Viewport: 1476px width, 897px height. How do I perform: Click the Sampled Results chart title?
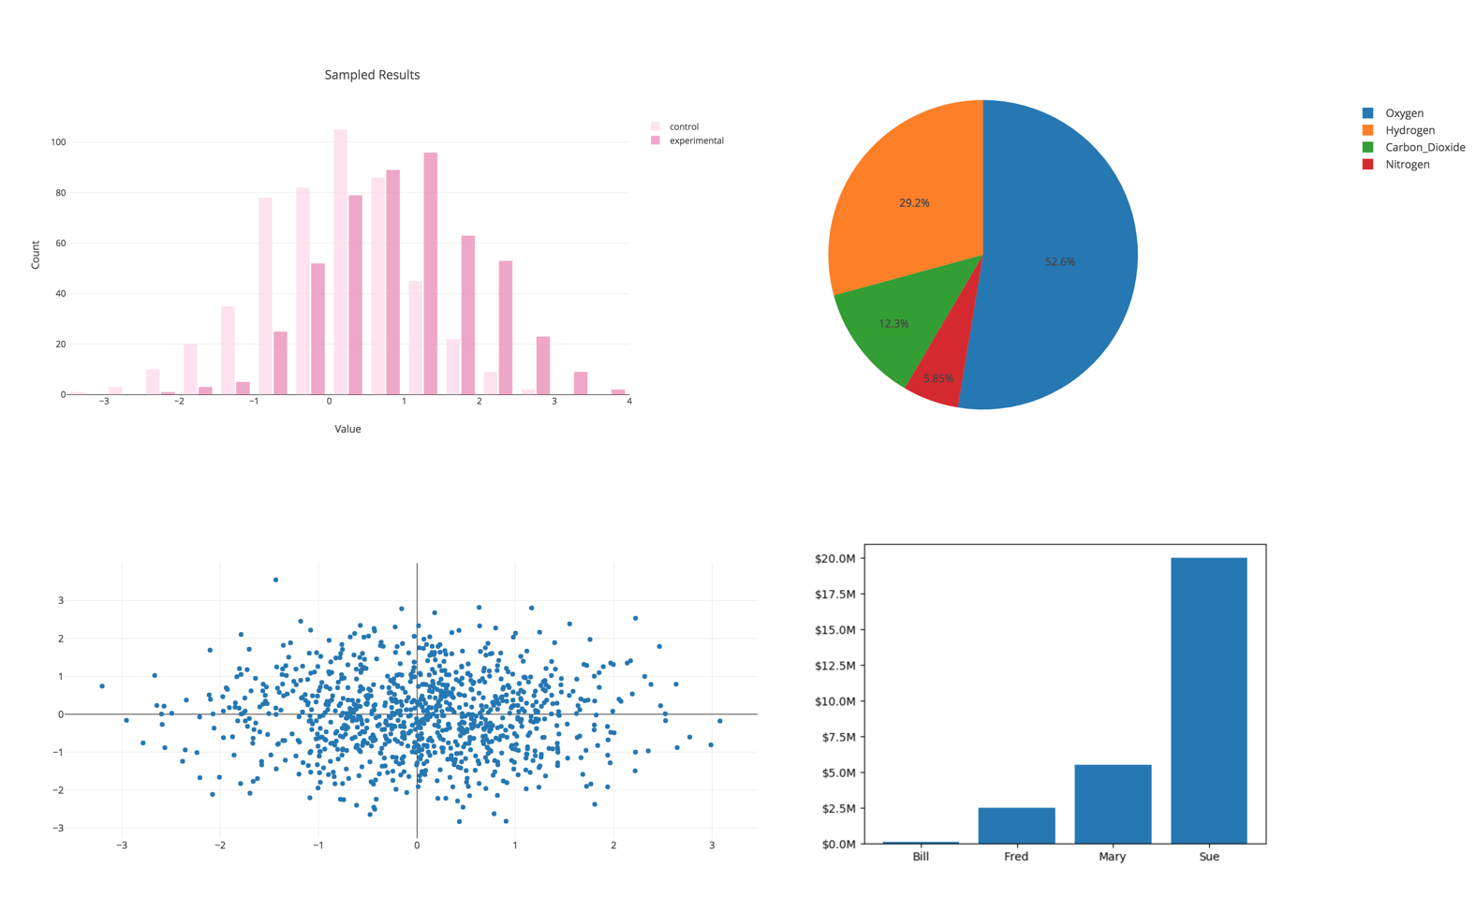coord(372,75)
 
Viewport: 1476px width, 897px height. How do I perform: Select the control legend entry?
coord(684,126)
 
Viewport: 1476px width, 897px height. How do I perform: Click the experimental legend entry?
coord(696,140)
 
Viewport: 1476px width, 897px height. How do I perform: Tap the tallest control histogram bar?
coord(341,262)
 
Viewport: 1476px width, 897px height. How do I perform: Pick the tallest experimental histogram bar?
coord(431,273)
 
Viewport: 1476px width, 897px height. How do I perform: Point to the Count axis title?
coord(36,255)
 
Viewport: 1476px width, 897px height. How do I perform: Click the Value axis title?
coord(347,429)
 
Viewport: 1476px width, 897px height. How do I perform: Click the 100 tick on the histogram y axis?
coord(58,142)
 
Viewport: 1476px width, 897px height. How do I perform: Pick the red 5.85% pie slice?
coord(937,378)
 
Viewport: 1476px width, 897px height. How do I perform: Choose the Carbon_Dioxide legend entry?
coord(1424,147)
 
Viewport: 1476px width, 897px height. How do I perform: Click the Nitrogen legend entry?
coord(1407,164)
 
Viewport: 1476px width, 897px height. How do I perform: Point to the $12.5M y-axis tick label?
coord(834,666)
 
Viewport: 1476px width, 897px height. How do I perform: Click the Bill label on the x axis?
coord(921,857)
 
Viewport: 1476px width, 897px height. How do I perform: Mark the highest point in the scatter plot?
coord(275,580)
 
